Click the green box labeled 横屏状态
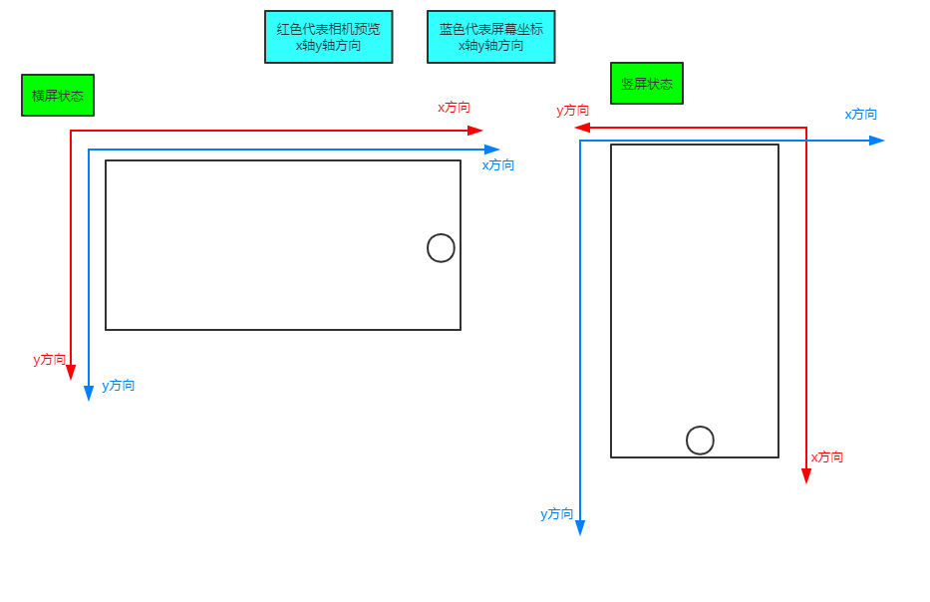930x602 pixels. click(58, 96)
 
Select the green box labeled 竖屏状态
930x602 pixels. click(647, 84)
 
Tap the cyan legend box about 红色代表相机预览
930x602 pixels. click(329, 37)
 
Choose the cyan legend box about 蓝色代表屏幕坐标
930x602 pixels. click(491, 37)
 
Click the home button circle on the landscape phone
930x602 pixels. click(441, 248)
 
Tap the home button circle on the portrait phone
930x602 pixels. click(700, 440)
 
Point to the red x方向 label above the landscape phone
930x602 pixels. click(454, 107)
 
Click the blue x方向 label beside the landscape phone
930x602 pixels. click(498, 164)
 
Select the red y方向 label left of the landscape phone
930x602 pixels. click(50, 359)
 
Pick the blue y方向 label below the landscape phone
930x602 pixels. click(119, 385)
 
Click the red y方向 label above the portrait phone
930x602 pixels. click(573, 111)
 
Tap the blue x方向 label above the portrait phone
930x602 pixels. click(861, 114)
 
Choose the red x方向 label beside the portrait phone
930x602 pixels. click(827, 456)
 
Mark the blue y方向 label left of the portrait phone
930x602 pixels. click(557, 513)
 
